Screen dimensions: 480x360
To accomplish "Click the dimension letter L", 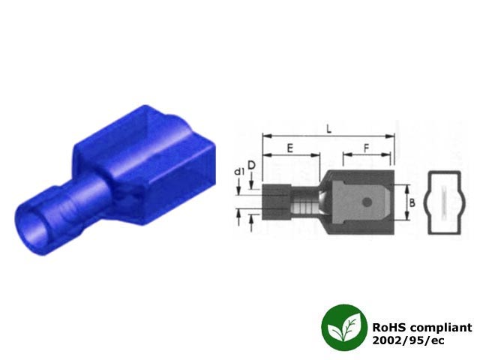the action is click(x=328, y=128).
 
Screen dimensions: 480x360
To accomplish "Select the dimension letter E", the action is click(x=290, y=148).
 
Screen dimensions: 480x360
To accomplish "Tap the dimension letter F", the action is click(x=367, y=148).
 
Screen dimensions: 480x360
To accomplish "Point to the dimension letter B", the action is click(x=412, y=202).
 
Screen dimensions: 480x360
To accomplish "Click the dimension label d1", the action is click(x=239, y=172).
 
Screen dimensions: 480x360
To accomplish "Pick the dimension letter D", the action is click(x=251, y=166).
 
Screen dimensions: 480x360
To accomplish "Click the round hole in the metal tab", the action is click(x=367, y=202).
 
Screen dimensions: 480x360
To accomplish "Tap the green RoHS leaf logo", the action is click(x=344, y=327).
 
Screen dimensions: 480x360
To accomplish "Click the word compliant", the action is click(x=441, y=328).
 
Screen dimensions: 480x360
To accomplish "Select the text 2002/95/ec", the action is click(x=408, y=340).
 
